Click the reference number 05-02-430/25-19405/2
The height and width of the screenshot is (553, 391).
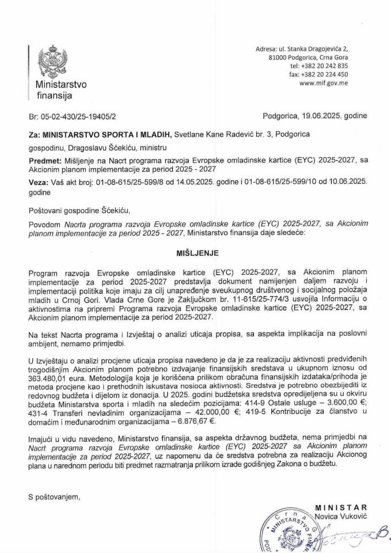pyautogui.click(x=82, y=115)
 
